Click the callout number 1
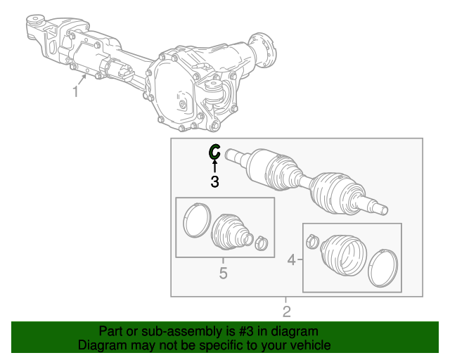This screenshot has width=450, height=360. pyautogui.click(x=75, y=91)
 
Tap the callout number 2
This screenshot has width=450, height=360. pyautogui.click(x=287, y=311)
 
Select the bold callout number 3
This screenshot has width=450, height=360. pyautogui.click(x=214, y=181)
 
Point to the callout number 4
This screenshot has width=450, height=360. pyautogui.click(x=292, y=260)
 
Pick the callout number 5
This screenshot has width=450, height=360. pyautogui.click(x=224, y=273)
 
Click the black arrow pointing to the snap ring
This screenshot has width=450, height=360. pyautogui.click(x=214, y=166)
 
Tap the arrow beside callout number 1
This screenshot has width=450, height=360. pyautogui.click(x=82, y=79)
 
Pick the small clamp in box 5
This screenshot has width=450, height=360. pyautogui.click(x=261, y=243)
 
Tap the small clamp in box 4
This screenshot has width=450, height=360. pyautogui.click(x=313, y=241)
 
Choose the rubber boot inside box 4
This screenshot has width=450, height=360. pyautogui.click(x=344, y=255)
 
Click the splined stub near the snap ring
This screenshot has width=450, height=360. pyautogui.click(x=237, y=156)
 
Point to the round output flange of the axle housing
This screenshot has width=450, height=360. pyautogui.click(x=264, y=49)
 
